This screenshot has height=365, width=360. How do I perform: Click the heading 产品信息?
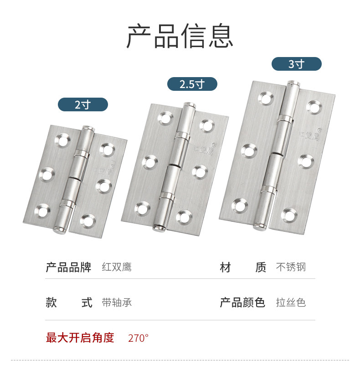(x=180, y=36)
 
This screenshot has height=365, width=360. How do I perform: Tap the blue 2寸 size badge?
(x=82, y=104)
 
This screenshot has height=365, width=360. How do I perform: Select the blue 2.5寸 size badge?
(x=192, y=84)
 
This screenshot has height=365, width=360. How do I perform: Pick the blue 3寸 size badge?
(x=296, y=64)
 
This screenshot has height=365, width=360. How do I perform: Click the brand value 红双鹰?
(x=117, y=267)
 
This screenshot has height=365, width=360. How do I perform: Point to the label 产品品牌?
(x=68, y=267)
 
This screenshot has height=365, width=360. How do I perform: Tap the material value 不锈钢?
(x=291, y=267)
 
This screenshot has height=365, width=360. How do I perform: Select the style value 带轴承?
(x=117, y=302)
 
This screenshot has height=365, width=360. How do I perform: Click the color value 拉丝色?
(x=291, y=302)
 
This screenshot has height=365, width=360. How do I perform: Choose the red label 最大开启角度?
(x=80, y=338)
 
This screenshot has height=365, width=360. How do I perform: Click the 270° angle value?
(x=138, y=338)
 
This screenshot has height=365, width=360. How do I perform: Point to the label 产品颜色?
(x=242, y=302)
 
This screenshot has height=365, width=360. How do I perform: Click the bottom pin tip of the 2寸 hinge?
(x=58, y=229)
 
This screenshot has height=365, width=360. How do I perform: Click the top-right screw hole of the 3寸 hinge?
(x=314, y=107)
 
